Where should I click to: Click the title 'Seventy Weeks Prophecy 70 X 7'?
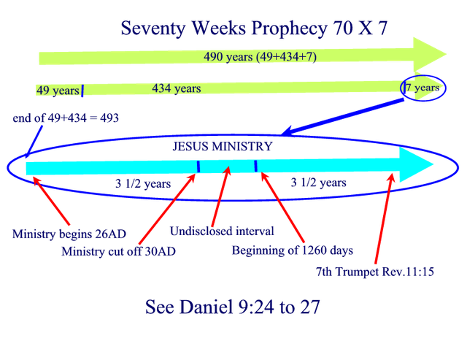click(254, 28)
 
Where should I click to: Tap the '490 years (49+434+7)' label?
click(260, 56)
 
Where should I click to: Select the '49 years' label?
click(58, 91)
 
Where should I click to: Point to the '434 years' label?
click(177, 88)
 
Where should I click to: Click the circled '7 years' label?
click(423, 88)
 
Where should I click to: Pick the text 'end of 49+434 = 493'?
click(66, 118)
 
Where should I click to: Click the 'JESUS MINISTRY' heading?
click(223, 146)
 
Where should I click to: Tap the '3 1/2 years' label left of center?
click(143, 183)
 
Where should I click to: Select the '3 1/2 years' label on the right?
click(318, 183)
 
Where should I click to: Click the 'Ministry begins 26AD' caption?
click(69, 234)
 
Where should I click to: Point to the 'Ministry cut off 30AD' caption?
click(118, 251)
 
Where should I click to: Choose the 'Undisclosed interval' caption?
click(222, 231)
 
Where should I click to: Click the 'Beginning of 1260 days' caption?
click(292, 250)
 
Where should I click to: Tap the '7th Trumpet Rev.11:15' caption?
click(374, 272)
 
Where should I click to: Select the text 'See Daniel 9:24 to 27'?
click(232, 307)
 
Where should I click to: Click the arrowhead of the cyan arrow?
click(416, 164)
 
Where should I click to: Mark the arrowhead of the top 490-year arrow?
click(430, 54)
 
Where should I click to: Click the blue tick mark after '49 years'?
click(82, 91)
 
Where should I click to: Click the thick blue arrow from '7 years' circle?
click(342, 117)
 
